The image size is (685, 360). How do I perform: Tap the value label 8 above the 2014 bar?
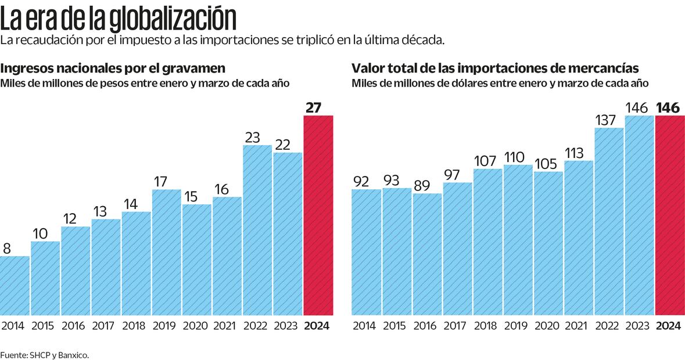point(8,249)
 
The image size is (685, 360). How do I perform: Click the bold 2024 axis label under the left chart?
point(317,326)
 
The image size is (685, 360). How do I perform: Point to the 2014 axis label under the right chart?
point(364,326)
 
